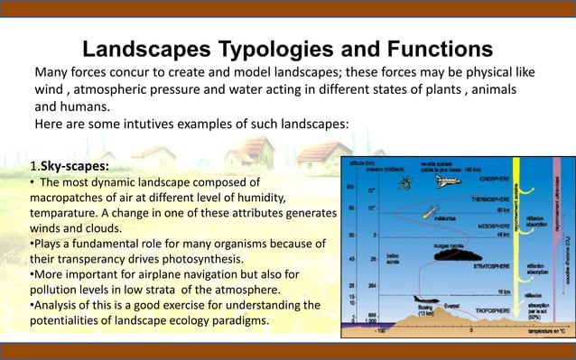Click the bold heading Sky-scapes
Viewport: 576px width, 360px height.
point(71,167)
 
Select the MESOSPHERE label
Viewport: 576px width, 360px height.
point(477,226)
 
